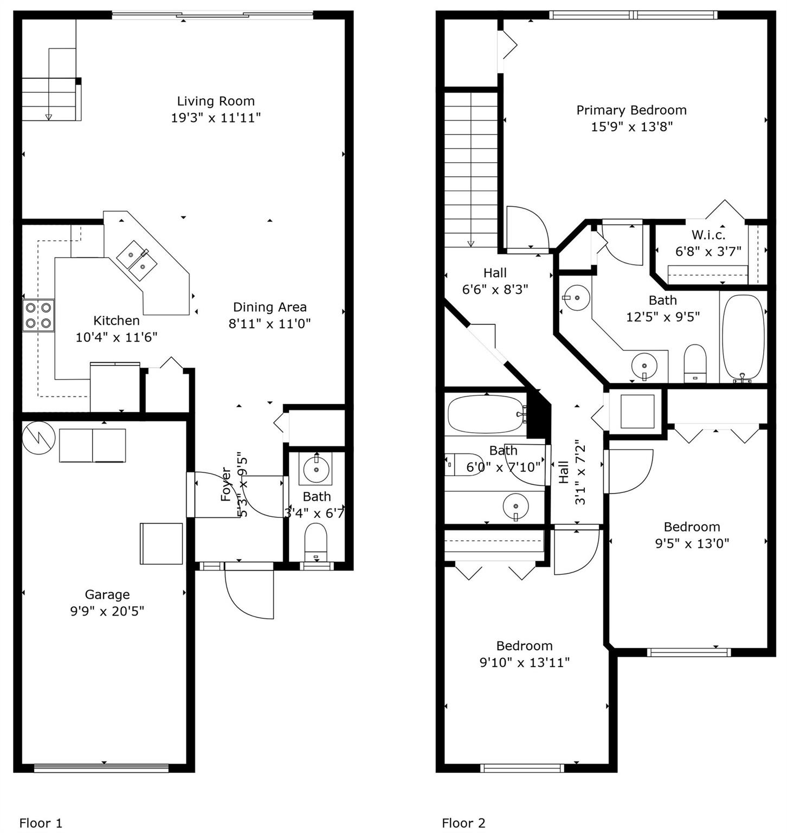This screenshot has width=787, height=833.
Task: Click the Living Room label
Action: pyautogui.click(x=216, y=101)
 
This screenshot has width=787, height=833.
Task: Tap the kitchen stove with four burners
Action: pyautogui.click(x=38, y=316)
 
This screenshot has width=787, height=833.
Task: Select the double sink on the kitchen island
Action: pyautogui.click(x=137, y=261)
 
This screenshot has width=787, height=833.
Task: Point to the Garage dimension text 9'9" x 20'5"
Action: pyautogui.click(x=107, y=611)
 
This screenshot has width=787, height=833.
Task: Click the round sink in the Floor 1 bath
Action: pyautogui.click(x=317, y=469)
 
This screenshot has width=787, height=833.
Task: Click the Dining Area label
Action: pyautogui.click(x=269, y=307)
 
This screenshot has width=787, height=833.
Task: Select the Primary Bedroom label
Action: pyautogui.click(x=631, y=110)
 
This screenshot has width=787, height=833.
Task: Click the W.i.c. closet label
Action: pyautogui.click(x=708, y=235)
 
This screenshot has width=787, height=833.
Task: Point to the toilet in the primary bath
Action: pyautogui.click(x=695, y=363)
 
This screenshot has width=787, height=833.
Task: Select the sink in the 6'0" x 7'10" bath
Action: pyautogui.click(x=515, y=508)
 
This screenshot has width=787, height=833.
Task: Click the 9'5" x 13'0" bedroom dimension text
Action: pyautogui.click(x=692, y=543)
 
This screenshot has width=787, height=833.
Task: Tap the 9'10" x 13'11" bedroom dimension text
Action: pyautogui.click(x=524, y=662)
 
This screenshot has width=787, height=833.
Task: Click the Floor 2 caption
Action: pyautogui.click(x=463, y=823)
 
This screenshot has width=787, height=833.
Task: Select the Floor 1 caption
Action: pyautogui.click(x=41, y=823)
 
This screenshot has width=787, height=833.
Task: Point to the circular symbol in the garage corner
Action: pyautogui.click(x=38, y=438)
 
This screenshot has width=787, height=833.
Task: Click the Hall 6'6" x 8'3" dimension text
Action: pyautogui.click(x=495, y=289)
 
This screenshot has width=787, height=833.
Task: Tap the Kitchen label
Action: pyautogui.click(x=117, y=321)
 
